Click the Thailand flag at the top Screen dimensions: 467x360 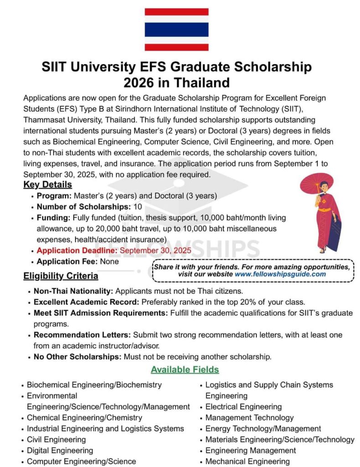tap(176, 29)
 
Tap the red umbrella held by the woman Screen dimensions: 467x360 tap(317, 180)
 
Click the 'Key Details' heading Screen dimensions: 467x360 tap(47, 185)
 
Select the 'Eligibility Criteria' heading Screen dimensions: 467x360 tap(61, 276)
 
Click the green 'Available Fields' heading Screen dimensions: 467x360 tap(185, 369)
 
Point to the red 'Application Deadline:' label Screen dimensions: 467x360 tap(77, 251)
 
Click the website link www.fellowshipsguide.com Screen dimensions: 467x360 tap(280, 274)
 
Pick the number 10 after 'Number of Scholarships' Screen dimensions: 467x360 tap(138, 207)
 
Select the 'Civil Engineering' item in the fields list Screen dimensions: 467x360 tap(56, 440)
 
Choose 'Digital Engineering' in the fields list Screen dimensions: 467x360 tap(60, 451)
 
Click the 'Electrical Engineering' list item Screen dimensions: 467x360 tap(243, 407)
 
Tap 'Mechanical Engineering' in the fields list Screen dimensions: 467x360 tap(247, 462)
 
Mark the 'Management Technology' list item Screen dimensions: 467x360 tap(249, 418)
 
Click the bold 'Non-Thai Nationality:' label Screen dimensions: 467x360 tap(74, 291)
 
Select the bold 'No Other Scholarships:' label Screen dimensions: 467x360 tap(77, 357)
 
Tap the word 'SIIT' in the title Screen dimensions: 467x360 tap(55, 67)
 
